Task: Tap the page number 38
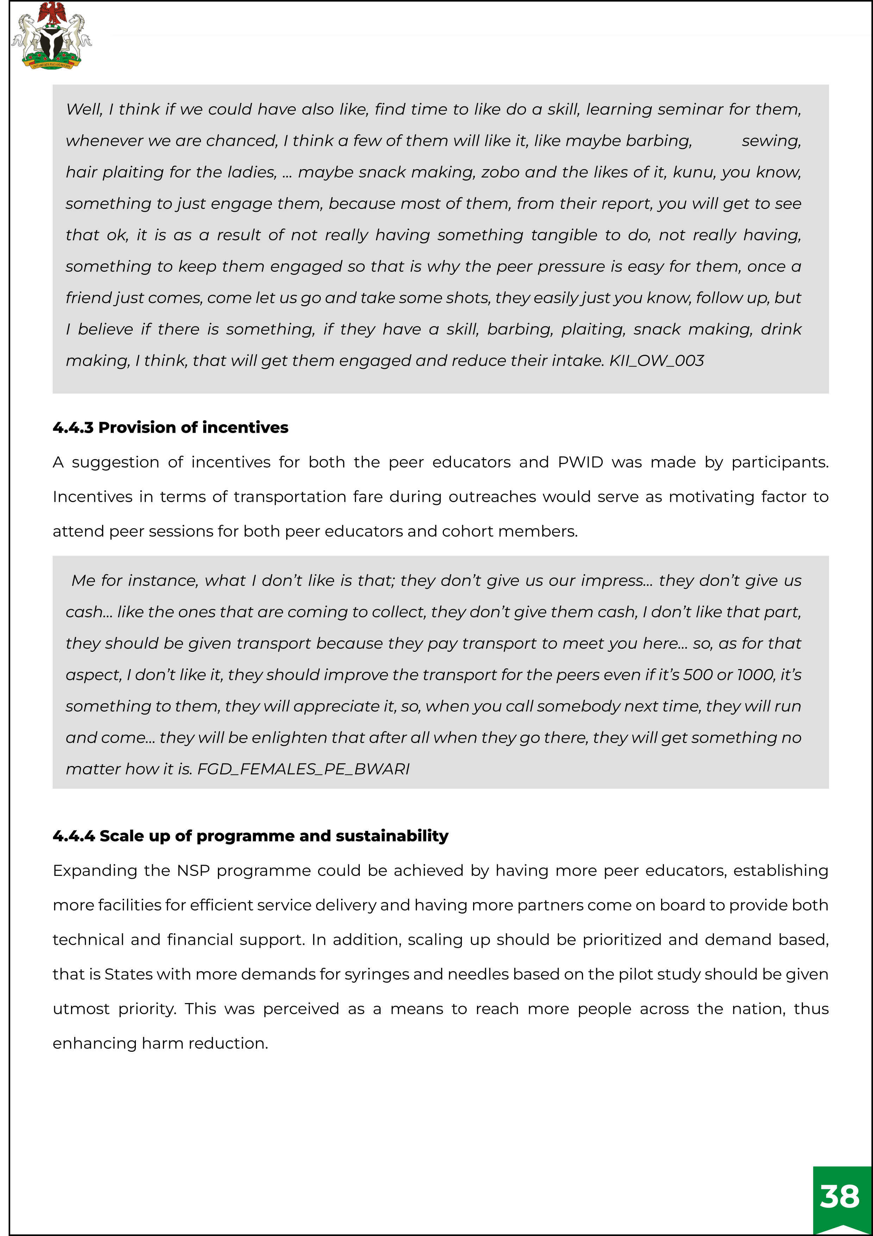(x=840, y=1196)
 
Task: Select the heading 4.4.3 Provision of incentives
(x=170, y=427)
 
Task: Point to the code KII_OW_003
(x=656, y=361)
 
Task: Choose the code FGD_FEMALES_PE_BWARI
(x=303, y=769)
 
